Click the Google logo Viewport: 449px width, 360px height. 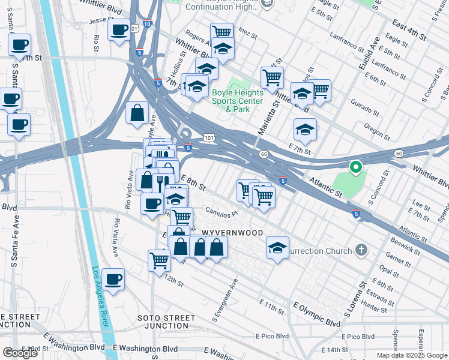(19, 353)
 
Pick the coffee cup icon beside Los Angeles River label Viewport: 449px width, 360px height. (113, 279)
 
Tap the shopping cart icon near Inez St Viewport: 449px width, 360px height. (221, 32)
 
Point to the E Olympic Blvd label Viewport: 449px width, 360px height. (316, 315)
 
